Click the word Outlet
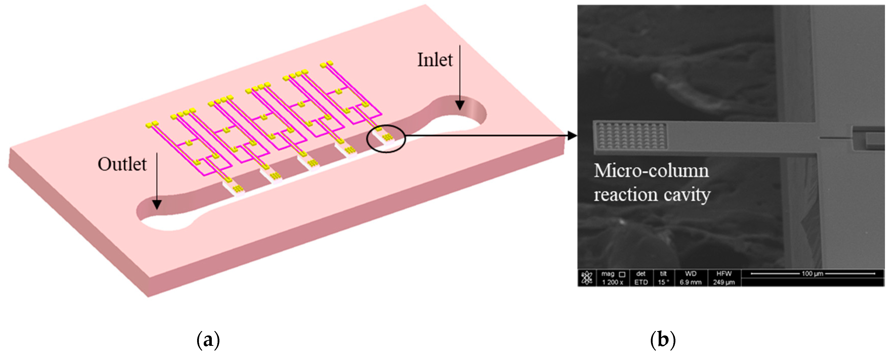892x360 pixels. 122,164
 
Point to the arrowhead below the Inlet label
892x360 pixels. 460,105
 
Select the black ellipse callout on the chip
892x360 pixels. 386,138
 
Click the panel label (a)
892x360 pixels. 208,341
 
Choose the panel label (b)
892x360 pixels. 663,341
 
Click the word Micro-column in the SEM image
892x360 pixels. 651,171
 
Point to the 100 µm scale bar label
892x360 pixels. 812,273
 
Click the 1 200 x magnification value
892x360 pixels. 612,282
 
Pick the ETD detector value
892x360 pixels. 641,282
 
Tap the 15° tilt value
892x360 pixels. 663,282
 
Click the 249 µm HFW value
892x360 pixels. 724,282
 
